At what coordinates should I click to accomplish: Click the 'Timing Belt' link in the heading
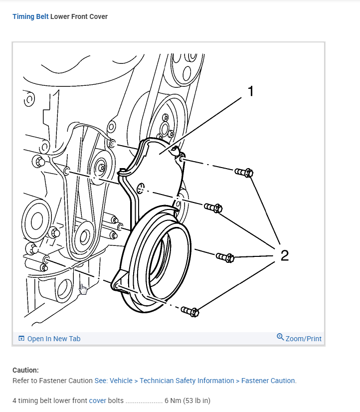click(30, 16)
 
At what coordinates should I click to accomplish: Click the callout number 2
click(284, 255)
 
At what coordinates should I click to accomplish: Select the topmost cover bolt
click(244, 173)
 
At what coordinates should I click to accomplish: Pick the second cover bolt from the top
click(213, 207)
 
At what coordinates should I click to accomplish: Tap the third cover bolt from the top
click(225, 257)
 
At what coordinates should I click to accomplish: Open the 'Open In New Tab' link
click(53, 339)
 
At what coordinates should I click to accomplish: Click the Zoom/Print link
click(303, 339)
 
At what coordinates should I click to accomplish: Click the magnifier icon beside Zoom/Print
click(280, 338)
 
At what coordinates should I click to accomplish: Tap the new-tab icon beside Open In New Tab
click(21, 339)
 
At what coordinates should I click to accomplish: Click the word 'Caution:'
click(25, 370)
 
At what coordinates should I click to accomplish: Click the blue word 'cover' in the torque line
click(98, 401)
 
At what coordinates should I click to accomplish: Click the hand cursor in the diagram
click(83, 289)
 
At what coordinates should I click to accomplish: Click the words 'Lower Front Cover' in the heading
click(79, 16)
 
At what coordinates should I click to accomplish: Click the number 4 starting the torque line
click(14, 401)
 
